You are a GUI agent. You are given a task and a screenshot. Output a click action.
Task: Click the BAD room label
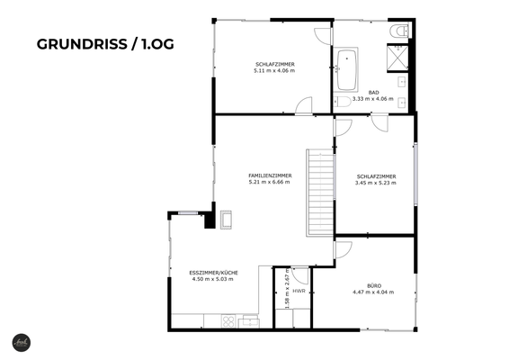pyautogui.click(x=373, y=92)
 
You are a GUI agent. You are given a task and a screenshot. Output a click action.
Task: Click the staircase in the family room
pyautogui.click(x=318, y=191)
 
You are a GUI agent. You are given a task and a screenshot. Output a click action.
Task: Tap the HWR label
pyautogui.click(x=299, y=291)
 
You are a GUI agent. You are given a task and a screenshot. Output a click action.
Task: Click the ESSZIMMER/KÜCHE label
pyautogui.click(x=212, y=272)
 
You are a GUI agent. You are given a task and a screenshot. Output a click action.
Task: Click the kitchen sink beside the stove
pyautogui.click(x=248, y=320)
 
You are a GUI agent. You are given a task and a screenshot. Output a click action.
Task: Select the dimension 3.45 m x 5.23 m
pyautogui.click(x=375, y=183)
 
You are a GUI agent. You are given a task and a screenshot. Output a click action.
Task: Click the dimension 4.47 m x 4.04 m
pyautogui.click(x=374, y=292)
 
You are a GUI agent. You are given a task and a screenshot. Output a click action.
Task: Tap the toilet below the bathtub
pyautogui.click(x=344, y=103)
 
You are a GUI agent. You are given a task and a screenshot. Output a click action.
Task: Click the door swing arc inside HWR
pyautogui.click(x=300, y=276)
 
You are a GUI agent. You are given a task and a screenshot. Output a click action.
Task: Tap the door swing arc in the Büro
pyautogui.click(x=344, y=249)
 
